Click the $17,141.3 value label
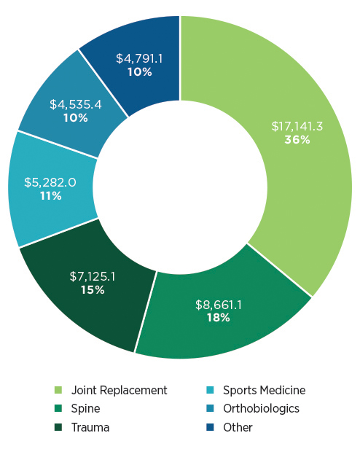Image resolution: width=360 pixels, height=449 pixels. point(297,126)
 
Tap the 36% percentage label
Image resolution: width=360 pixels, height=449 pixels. point(297,140)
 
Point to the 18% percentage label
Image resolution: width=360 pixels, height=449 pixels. point(218,318)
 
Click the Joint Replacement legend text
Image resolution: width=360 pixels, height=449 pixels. point(120,391)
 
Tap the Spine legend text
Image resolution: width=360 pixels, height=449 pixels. point(85,409)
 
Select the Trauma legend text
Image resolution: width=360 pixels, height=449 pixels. point(90,427)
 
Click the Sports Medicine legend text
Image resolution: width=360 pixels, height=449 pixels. point(264,391)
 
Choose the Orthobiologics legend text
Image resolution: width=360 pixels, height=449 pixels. point(261,409)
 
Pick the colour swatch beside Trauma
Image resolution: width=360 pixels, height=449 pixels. point(59,428)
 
